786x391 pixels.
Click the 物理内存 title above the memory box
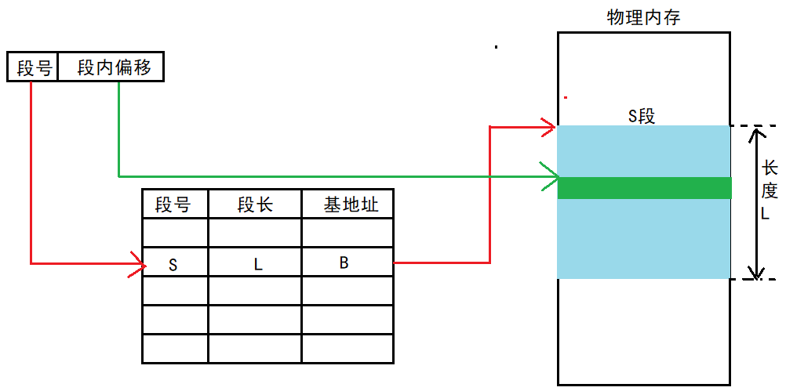pyautogui.click(x=643, y=17)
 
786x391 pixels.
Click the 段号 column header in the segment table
pyautogui.click(x=173, y=205)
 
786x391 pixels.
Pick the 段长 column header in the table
pyautogui.click(x=255, y=205)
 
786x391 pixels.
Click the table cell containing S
pyautogui.click(x=173, y=264)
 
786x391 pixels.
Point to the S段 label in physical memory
pyautogui.click(x=642, y=117)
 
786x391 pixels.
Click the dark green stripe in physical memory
pyautogui.click(x=644, y=188)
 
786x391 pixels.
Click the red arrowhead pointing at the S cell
pyautogui.click(x=140, y=264)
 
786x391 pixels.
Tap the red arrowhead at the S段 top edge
pyautogui.click(x=549, y=125)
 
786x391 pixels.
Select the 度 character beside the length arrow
pyautogui.click(x=770, y=190)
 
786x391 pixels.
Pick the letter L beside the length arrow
pyautogui.click(x=770, y=213)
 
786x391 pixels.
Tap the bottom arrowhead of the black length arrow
pyautogui.click(x=756, y=272)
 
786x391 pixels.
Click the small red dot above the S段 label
pyautogui.click(x=566, y=98)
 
